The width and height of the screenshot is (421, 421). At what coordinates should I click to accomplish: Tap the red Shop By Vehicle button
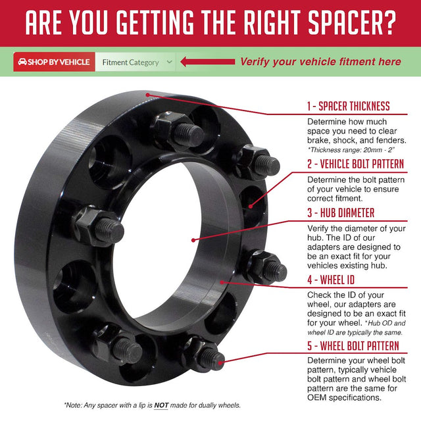coord(54,62)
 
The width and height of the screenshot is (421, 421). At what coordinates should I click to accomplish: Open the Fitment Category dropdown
coord(137,62)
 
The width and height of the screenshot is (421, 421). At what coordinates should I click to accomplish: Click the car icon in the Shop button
coord(22,62)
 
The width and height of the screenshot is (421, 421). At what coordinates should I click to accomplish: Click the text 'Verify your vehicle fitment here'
coord(320,62)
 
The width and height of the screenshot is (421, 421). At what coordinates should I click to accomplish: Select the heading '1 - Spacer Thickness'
coord(349,106)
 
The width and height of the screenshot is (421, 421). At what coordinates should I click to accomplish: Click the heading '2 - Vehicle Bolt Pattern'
coord(355,164)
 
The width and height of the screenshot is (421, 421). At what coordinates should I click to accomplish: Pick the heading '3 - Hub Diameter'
coord(341,213)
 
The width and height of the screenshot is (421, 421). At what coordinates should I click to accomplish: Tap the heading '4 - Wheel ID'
coord(331,279)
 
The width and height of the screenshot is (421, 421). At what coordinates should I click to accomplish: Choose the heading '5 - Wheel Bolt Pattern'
coord(353,345)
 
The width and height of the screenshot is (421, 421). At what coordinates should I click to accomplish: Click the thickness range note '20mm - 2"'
coord(380,150)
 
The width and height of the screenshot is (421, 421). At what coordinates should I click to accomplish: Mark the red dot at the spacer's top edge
coord(147,94)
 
